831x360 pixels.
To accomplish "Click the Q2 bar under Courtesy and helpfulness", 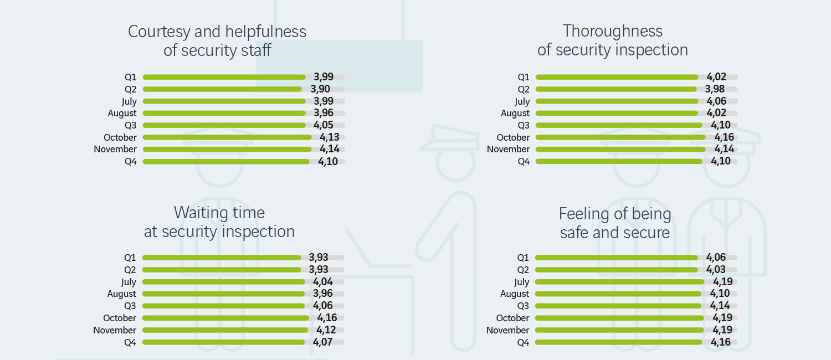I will coord(222,89).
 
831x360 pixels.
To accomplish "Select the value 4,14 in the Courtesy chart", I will coord(329,149).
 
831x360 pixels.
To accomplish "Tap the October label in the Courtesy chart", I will coord(120,137).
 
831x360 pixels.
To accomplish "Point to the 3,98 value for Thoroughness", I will coord(715,89).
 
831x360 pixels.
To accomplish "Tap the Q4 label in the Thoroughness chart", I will coord(524,161).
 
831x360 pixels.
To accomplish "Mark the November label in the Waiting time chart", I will coord(115,330).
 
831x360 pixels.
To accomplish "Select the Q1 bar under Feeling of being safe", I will coord(615,258).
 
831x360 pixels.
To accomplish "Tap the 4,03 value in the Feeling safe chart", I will coord(716,270).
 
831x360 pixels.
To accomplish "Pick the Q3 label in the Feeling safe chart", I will coord(523,306).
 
